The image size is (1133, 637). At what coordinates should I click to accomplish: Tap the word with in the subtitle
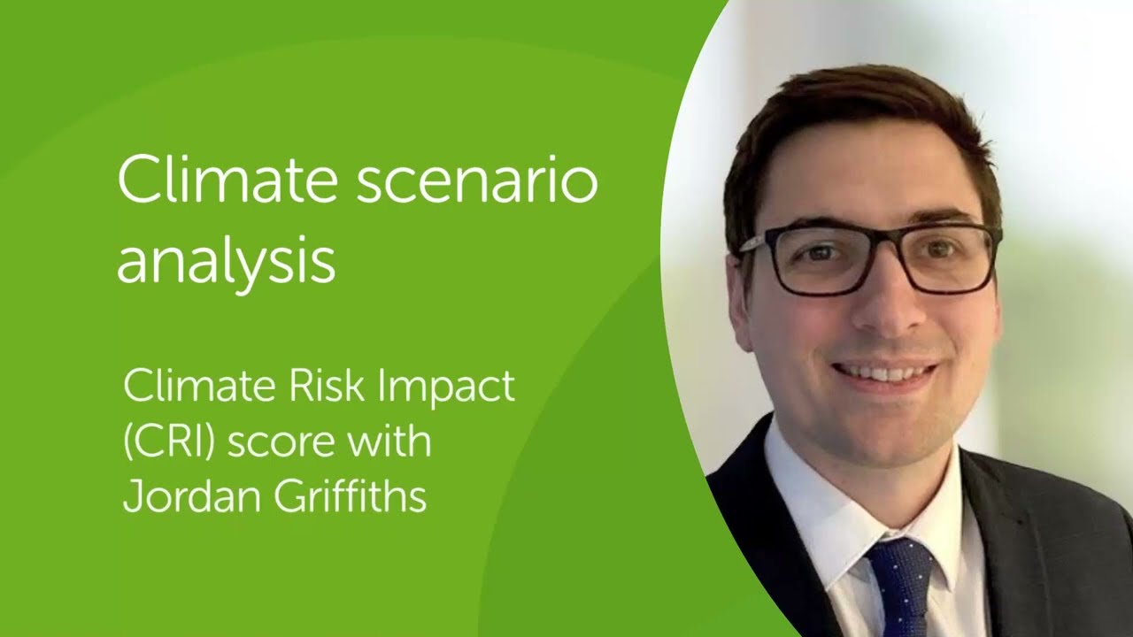[x=387, y=441]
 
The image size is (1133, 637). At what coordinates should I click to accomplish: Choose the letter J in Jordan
[x=131, y=496]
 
